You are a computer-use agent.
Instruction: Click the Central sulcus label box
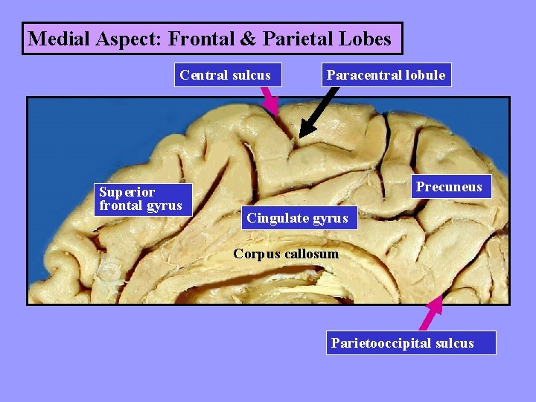(226, 75)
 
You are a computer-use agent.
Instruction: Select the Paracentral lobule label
(386, 75)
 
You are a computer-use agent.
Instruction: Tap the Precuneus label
(449, 187)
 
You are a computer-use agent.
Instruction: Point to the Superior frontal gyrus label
(141, 200)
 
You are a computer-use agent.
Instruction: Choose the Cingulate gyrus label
(297, 218)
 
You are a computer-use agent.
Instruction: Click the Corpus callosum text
(285, 254)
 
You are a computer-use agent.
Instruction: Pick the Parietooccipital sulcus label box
(402, 343)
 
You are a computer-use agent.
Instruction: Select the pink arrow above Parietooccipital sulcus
(431, 313)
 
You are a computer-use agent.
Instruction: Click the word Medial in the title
(57, 39)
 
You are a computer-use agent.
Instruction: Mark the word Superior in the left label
(127, 193)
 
